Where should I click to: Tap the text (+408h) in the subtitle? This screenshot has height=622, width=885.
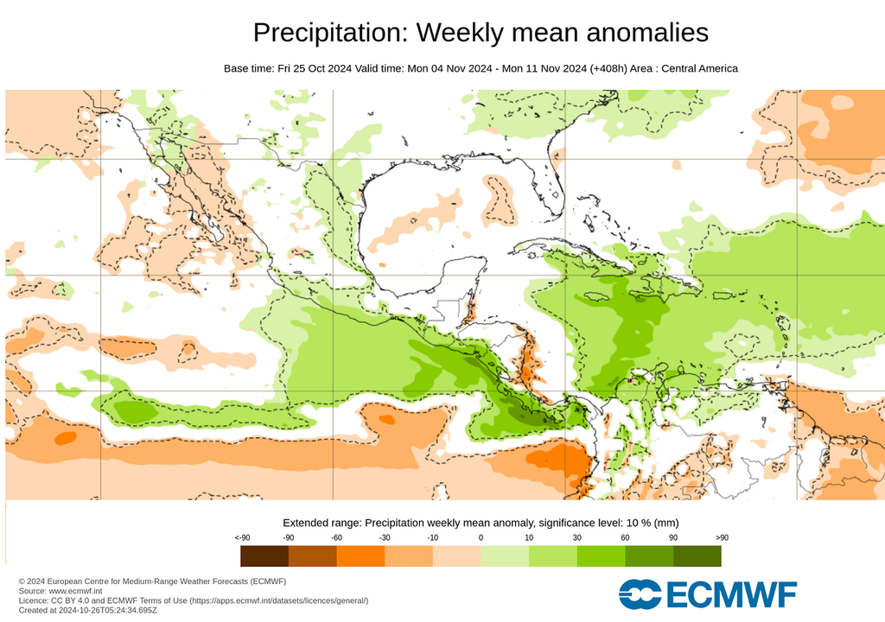[611, 68]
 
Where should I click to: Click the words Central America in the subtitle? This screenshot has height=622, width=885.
[699, 68]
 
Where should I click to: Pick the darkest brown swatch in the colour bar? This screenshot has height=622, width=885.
[264, 555]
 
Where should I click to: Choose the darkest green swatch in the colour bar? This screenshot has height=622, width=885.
[697, 555]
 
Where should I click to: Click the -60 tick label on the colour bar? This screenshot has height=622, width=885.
[336, 537]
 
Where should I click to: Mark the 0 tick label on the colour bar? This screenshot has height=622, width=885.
[481, 537]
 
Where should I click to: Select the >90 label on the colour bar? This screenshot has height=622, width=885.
[722, 537]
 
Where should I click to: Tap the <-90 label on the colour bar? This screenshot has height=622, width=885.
[242, 537]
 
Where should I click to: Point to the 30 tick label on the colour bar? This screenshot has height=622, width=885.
[576, 537]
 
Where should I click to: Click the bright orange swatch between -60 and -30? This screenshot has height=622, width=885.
[360, 555]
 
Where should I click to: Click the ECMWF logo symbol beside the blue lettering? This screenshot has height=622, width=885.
[640, 594]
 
